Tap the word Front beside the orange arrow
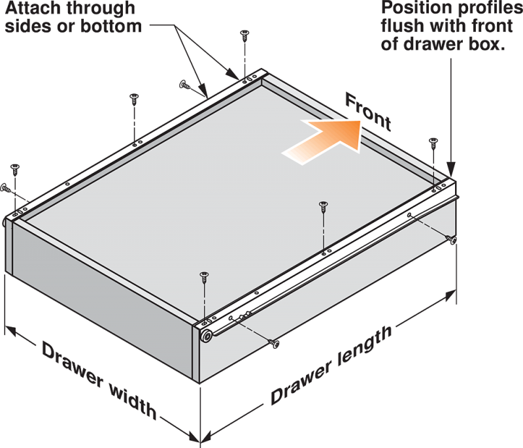368,112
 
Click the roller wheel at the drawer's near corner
207,336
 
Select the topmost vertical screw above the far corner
245,35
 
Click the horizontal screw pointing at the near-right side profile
274,344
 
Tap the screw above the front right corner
433,144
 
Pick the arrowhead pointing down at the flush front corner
451,169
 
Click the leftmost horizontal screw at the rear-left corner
6,188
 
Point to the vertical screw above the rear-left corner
15,170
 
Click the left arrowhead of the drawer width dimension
10,330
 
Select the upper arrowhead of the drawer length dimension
450,295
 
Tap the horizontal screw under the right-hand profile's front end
451,239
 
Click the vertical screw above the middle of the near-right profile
323,207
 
